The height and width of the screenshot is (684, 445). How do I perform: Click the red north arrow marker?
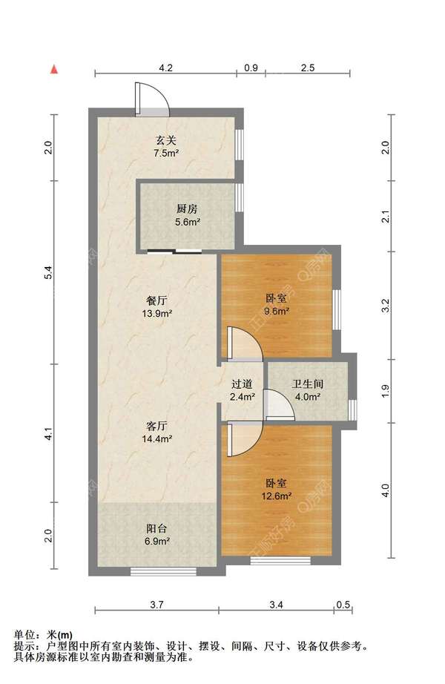(x=54, y=69)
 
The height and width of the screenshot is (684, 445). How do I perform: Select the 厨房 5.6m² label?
(x=187, y=215)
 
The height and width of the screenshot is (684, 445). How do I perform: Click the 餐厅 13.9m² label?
(x=156, y=306)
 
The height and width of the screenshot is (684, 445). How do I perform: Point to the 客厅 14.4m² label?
(x=156, y=433)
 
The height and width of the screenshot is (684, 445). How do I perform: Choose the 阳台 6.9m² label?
(x=156, y=535)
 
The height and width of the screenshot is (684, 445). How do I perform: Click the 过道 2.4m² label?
(x=242, y=390)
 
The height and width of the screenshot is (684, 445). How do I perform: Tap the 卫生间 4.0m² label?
(x=308, y=390)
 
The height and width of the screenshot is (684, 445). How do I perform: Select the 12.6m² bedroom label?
(x=276, y=490)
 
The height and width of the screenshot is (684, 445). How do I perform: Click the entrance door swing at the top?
(x=151, y=99)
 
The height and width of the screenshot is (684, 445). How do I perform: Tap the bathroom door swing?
(x=279, y=405)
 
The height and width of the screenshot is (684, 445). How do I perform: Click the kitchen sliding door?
(x=174, y=251)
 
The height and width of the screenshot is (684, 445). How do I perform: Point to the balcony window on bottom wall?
(x=163, y=571)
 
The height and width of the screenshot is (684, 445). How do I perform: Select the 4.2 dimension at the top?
(x=166, y=68)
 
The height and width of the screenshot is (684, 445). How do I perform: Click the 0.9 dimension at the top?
(x=251, y=68)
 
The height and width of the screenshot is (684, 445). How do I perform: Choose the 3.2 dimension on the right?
(x=385, y=306)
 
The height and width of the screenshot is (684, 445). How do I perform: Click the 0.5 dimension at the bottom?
(x=343, y=605)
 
